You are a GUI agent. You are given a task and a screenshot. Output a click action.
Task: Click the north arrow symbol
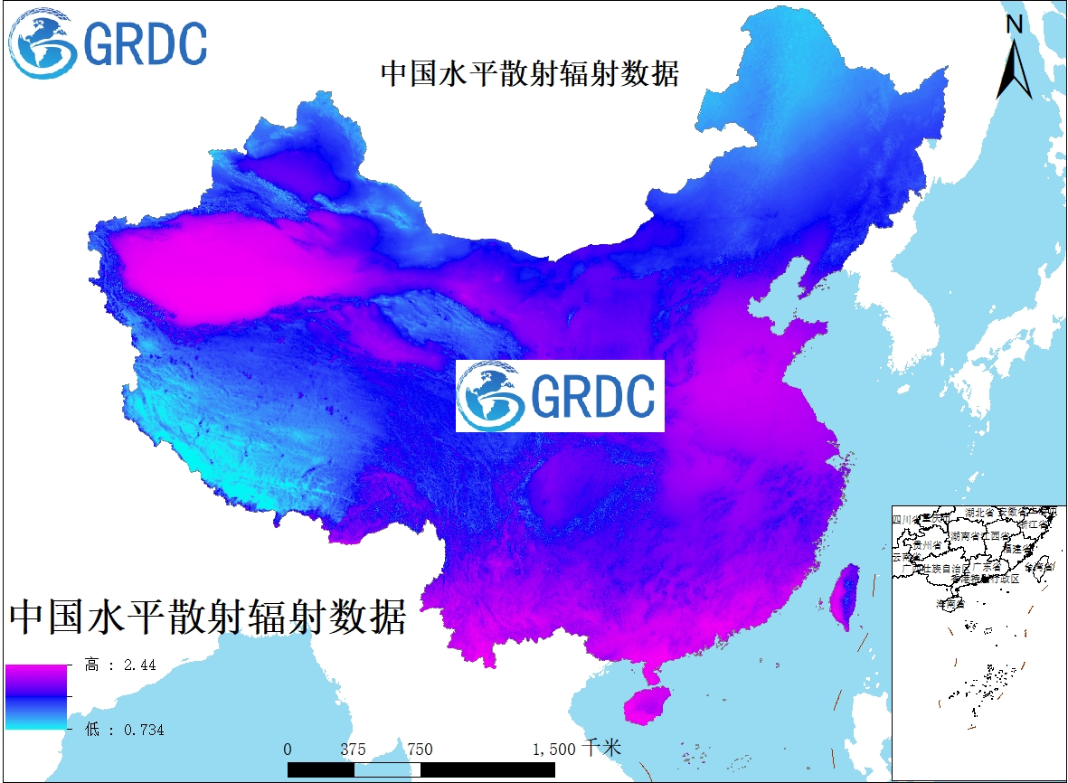pyautogui.click(x=1015, y=68)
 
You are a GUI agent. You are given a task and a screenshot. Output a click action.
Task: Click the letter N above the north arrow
pyautogui.click(x=1015, y=24)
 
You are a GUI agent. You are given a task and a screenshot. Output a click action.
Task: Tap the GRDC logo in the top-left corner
pyautogui.click(x=107, y=42)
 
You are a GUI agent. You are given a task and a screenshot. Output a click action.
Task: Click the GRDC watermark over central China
pyautogui.click(x=560, y=395)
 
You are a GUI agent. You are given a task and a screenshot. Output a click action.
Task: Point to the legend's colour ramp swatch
pyautogui.click(x=36, y=696)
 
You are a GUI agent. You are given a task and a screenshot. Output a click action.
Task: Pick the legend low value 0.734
pyautogui.click(x=141, y=730)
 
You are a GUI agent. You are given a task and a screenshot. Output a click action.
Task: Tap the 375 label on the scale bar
pyautogui.click(x=353, y=749)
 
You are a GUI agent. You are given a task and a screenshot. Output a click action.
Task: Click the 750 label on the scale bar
pyautogui.click(x=420, y=749)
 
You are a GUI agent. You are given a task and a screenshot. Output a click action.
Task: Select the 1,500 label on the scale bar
pyautogui.click(x=553, y=749)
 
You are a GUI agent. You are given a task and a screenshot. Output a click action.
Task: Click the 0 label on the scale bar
pyautogui.click(x=288, y=749)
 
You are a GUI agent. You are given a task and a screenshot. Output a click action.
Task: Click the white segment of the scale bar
pyautogui.click(x=387, y=769)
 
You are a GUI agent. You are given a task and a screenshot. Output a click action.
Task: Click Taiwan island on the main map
pyautogui.click(x=846, y=597)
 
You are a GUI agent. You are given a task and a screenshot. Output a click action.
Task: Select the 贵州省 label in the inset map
pyautogui.click(x=927, y=545)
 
